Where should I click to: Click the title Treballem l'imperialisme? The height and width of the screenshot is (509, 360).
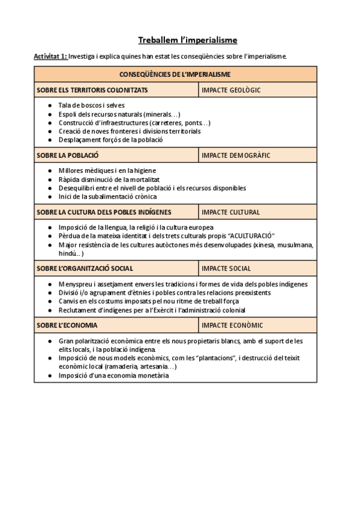[x=187, y=40]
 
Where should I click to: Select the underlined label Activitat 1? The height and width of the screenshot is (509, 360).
[x=50, y=56]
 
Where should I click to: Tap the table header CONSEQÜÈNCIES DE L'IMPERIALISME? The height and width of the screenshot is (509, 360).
[x=175, y=74]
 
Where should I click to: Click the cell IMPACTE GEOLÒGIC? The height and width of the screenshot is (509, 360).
[x=231, y=90]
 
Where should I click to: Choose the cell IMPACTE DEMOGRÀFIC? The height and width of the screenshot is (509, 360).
[x=236, y=155]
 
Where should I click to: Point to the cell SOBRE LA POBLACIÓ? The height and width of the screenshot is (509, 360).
[x=68, y=155]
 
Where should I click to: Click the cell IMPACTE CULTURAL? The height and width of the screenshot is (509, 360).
[x=230, y=212]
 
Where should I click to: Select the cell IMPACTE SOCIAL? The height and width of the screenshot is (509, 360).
[x=226, y=268]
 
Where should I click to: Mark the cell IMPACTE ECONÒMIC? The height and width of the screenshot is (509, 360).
[x=232, y=325]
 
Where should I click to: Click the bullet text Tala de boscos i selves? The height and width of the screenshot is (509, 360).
[x=91, y=105]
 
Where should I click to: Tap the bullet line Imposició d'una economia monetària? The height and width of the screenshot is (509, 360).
[x=113, y=375]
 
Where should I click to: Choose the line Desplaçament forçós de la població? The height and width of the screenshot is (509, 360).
[x=111, y=140]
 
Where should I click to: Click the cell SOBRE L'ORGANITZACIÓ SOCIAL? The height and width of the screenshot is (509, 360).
[x=85, y=268]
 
